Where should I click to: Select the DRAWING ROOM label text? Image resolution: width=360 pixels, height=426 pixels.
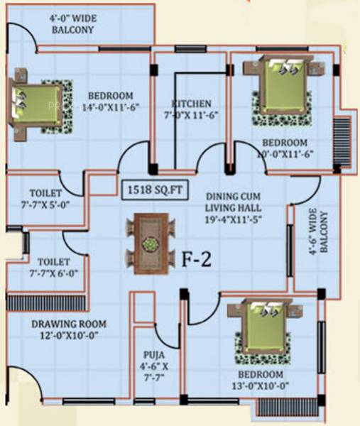click(65, 325)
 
